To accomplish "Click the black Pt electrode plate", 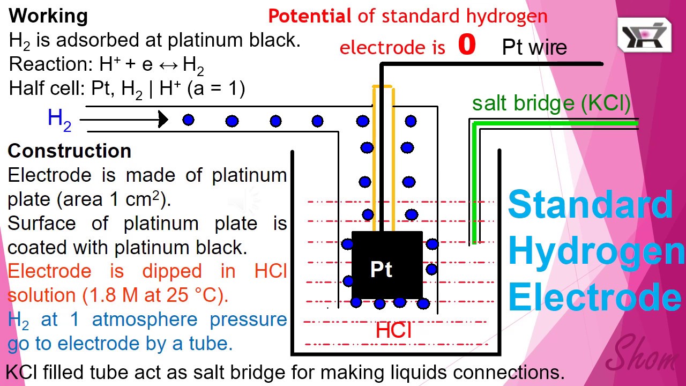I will (386, 265).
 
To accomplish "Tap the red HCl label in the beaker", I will (393, 330).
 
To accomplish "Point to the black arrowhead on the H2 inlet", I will (163, 120).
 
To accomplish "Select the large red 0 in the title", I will (467, 46).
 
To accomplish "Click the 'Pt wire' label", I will (534, 48).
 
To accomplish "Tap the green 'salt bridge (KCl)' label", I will (551, 103).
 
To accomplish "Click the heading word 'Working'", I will (48, 16).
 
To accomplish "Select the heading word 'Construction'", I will (70, 151).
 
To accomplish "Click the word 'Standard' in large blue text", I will (590, 204).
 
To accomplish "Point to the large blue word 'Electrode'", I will (594, 298).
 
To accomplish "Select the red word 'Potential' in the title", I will (310, 17).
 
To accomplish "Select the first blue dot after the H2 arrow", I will (188, 120).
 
